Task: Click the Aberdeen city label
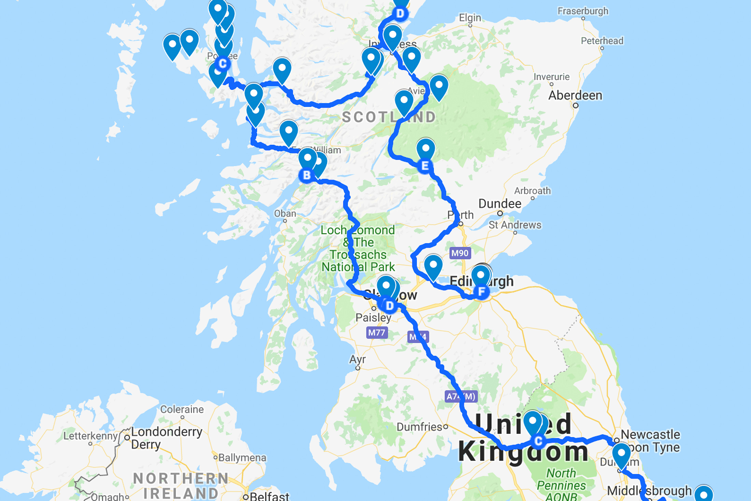click(x=575, y=95)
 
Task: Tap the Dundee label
click(x=500, y=204)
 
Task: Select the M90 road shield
click(x=460, y=253)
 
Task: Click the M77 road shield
click(x=377, y=332)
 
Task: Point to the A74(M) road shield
click(x=461, y=396)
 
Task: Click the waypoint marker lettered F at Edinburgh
click(x=482, y=292)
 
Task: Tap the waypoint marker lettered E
click(x=425, y=166)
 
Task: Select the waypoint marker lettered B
click(x=307, y=175)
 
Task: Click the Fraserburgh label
click(x=583, y=11)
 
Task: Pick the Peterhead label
click(x=602, y=41)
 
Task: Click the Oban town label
click(x=285, y=213)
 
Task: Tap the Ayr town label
click(x=357, y=359)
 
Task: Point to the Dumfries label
click(x=420, y=427)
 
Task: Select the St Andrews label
click(x=515, y=225)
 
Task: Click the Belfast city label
click(x=269, y=496)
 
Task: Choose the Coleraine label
click(x=182, y=409)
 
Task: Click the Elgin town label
click(x=470, y=17)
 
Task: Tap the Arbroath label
click(x=532, y=191)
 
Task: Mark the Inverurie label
click(x=551, y=76)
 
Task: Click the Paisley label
click(x=373, y=317)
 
